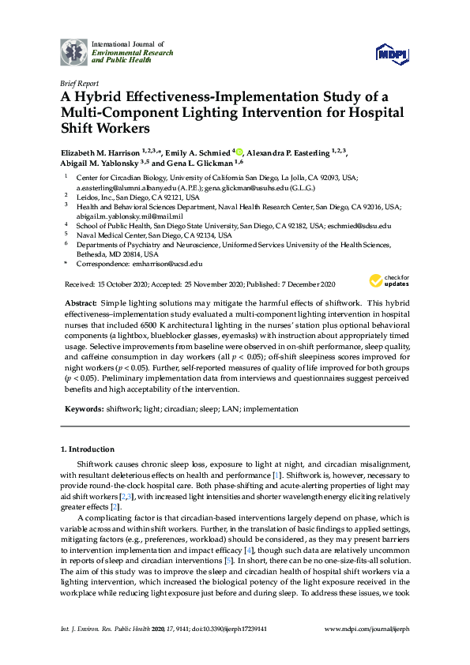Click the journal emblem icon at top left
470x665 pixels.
coord(74,51)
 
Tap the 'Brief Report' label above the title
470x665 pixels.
coord(79,82)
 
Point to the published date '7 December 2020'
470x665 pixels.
coord(303,284)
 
